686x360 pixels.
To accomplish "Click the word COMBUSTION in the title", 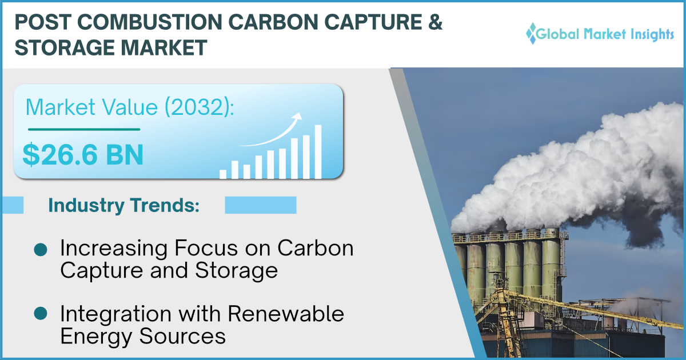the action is (150, 22).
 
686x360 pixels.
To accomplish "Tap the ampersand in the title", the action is (435, 22).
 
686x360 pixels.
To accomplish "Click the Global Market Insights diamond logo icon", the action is (532, 33).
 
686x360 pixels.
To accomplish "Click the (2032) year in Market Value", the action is (200, 107).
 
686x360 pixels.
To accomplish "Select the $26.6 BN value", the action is (83, 155).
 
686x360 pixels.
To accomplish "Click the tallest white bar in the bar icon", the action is (318, 151).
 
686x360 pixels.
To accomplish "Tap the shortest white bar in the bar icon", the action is (223, 174).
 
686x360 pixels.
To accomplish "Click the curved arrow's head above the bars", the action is (297, 117).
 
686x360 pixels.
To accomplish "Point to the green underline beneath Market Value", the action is (84, 130).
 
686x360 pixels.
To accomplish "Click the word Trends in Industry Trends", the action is (165, 205).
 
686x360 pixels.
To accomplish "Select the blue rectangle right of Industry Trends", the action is (261, 205).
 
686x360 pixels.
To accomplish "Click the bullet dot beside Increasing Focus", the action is (41, 250).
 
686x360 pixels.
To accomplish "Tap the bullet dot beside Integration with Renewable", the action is (41, 313).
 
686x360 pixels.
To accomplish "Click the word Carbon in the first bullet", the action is (316, 248).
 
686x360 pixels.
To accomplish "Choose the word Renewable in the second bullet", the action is (286, 314).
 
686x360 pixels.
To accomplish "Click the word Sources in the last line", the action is (182, 336).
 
